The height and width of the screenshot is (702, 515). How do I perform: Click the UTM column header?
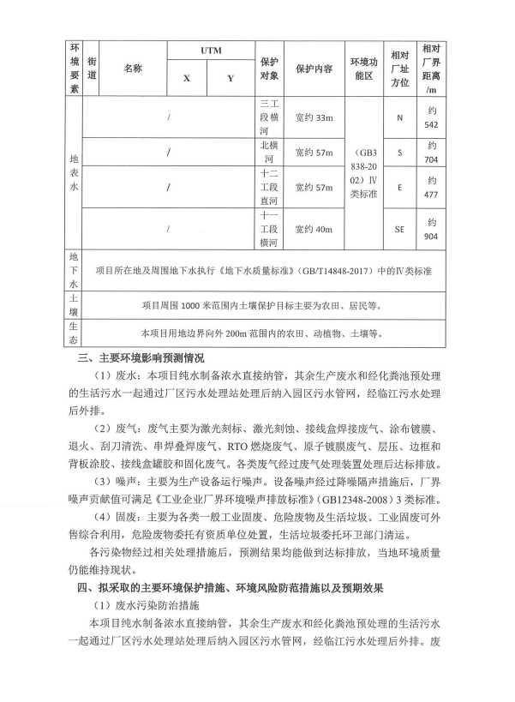pyautogui.click(x=211, y=51)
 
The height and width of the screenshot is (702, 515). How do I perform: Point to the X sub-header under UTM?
pyautogui.click(x=186, y=79)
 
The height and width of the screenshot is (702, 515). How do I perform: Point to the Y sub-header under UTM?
pyautogui.click(x=231, y=79)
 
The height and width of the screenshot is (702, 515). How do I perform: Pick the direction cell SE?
pyautogui.click(x=399, y=229)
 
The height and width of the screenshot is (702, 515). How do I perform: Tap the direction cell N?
pyautogui.click(x=399, y=117)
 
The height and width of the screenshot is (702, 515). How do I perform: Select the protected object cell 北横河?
pyautogui.click(x=268, y=153)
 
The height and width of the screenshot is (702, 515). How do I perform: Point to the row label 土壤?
pyautogui.click(x=74, y=303)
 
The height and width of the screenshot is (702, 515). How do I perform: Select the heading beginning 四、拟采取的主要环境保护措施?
pyautogui.click(x=231, y=587)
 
